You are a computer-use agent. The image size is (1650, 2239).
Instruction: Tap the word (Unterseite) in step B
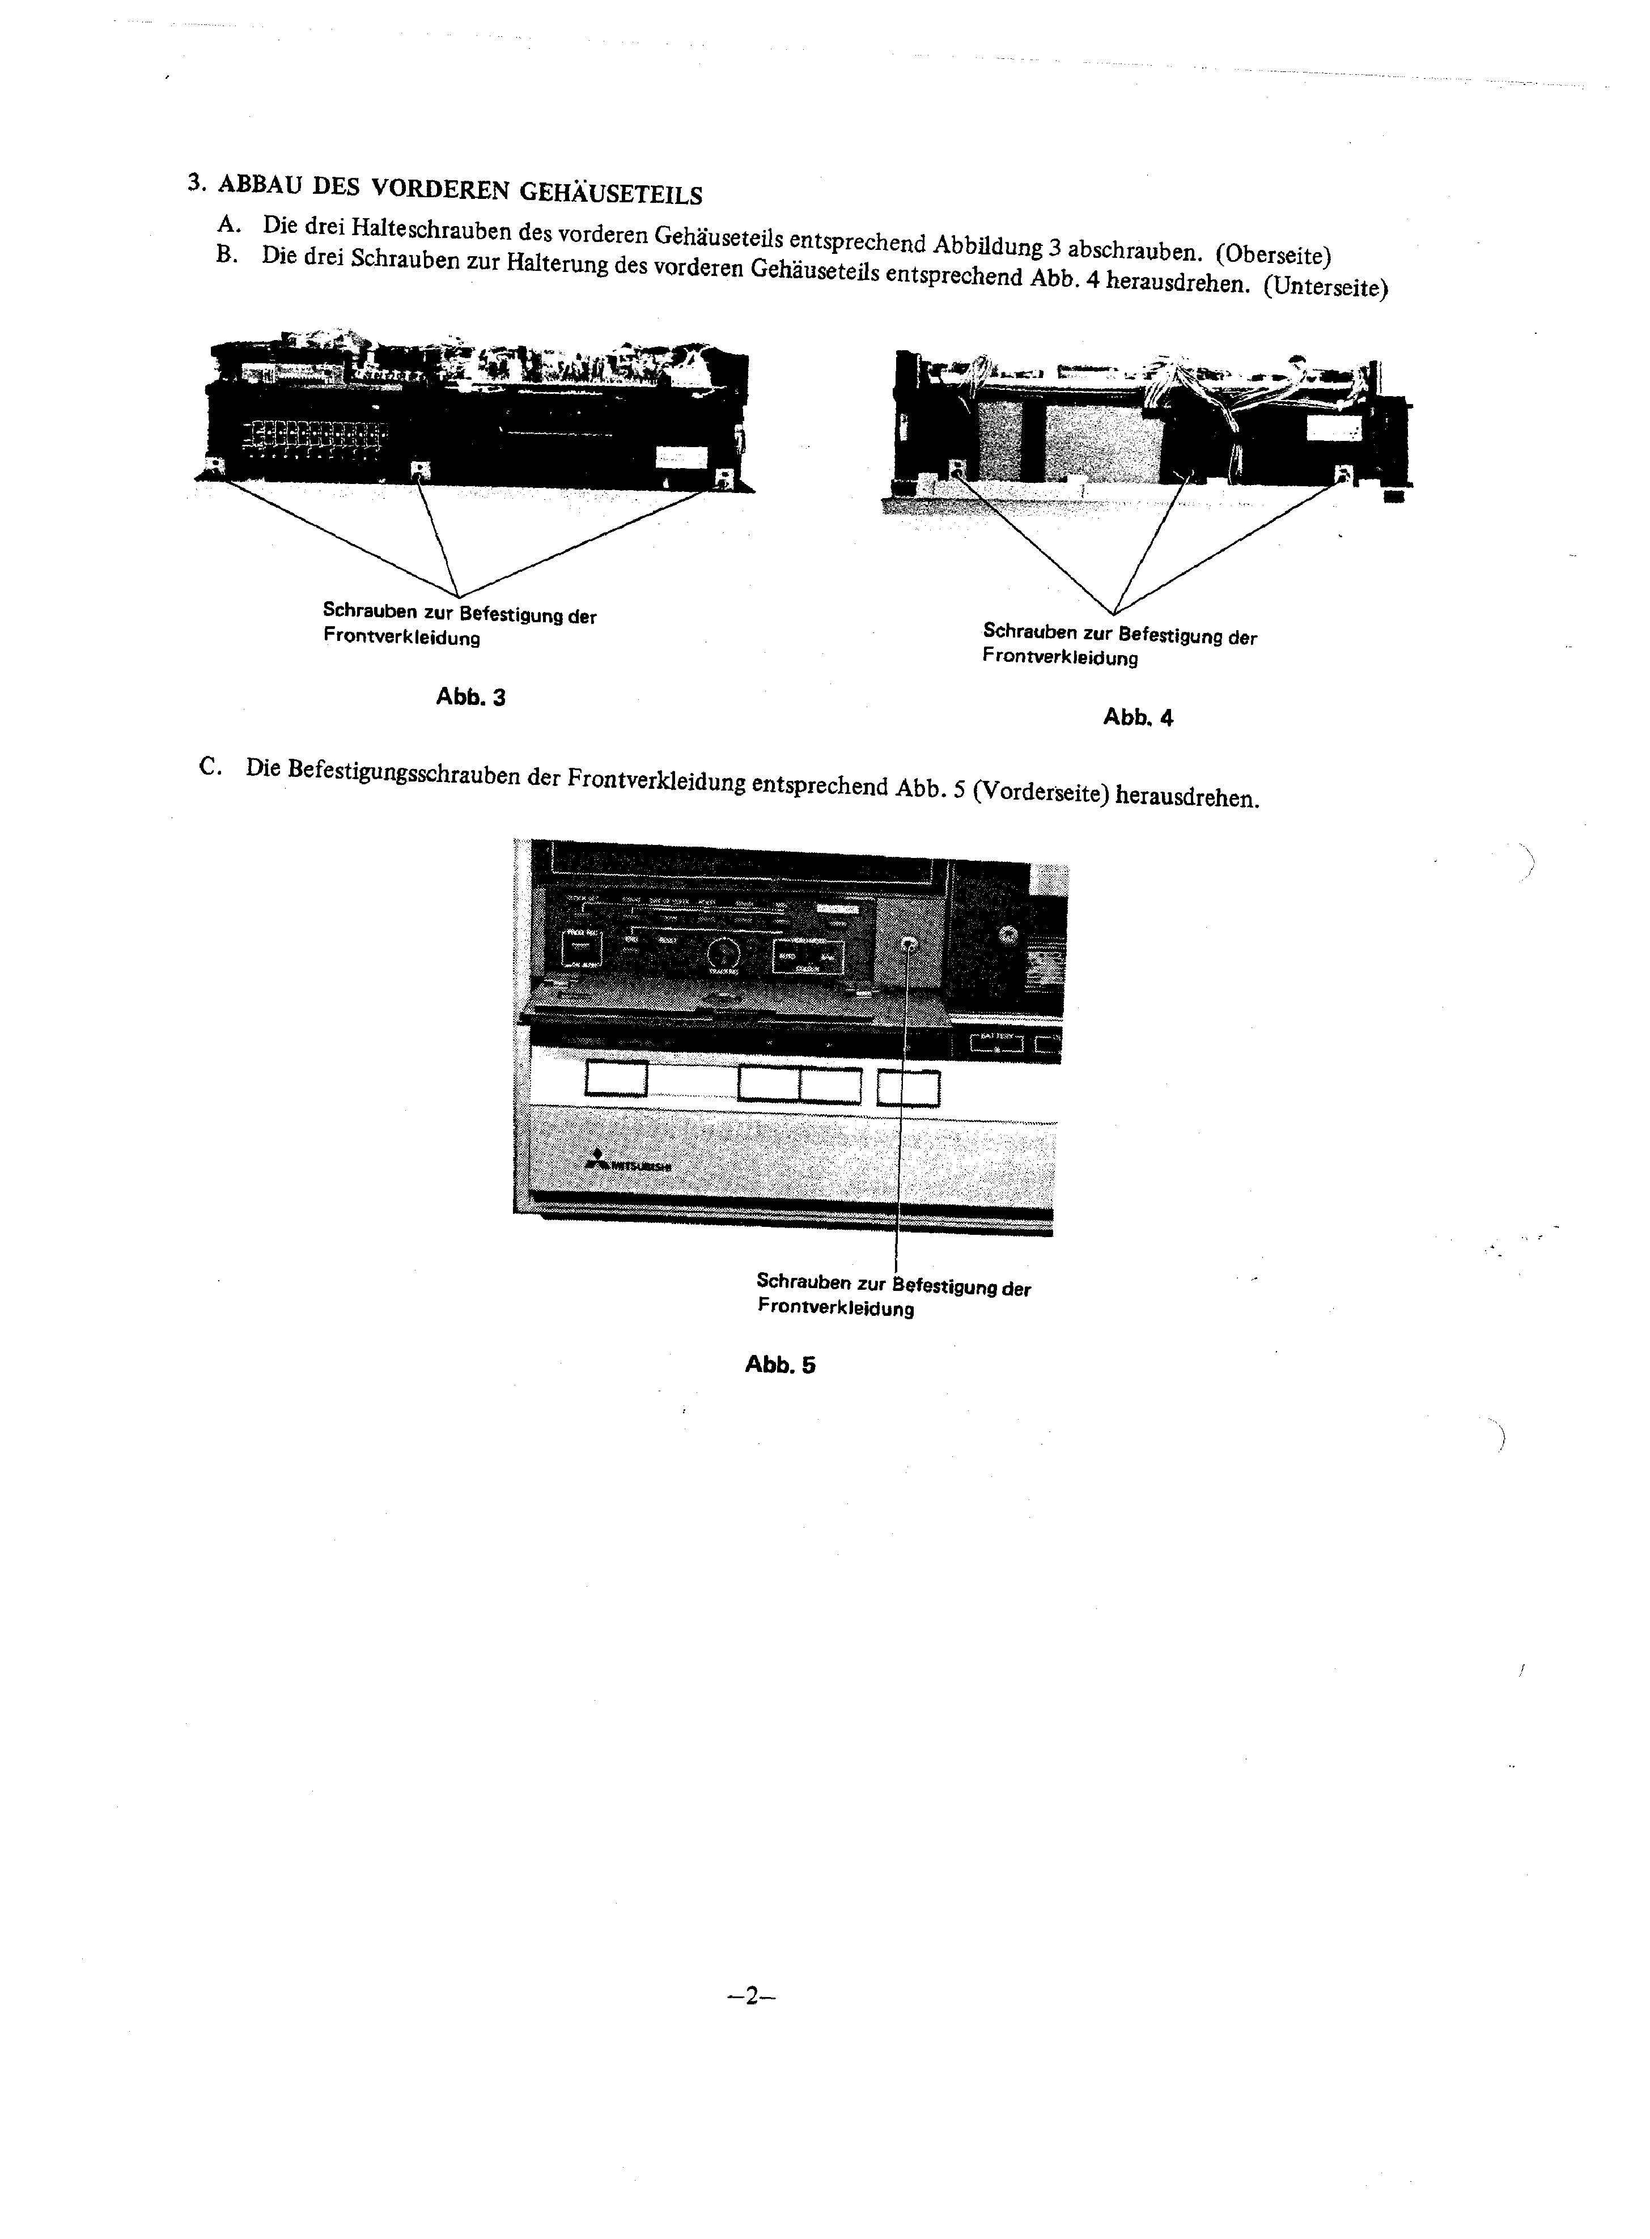[1325, 288]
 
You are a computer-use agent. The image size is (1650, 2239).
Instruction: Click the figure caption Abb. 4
[1138, 717]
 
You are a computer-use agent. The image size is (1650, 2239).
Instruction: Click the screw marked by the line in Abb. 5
[909, 945]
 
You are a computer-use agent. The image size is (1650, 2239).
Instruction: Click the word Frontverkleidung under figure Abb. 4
[1060, 657]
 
